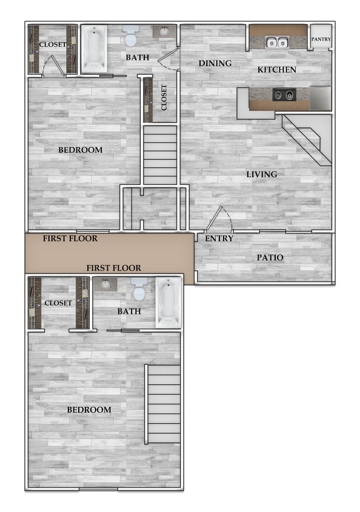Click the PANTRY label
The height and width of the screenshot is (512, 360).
tap(321, 39)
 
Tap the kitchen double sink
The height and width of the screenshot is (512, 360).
tap(278, 42)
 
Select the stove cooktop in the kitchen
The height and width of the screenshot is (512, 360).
tap(283, 95)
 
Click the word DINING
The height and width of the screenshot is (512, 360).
tap(215, 63)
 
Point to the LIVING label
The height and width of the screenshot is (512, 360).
tap(261, 174)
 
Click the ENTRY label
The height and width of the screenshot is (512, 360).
tap(219, 238)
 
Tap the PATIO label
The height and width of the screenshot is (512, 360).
tap(270, 257)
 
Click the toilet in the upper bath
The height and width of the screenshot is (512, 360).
tap(130, 36)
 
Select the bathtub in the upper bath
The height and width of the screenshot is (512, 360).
tap(93, 49)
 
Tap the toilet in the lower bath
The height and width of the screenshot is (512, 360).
tap(139, 291)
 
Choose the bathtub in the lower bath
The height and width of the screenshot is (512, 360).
tap(167, 302)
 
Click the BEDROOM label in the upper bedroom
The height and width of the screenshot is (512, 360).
tap(80, 150)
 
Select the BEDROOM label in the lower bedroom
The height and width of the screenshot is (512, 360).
tap(89, 409)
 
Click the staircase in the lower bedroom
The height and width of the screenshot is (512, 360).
tap(164, 403)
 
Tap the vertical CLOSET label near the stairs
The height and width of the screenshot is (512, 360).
tap(164, 97)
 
